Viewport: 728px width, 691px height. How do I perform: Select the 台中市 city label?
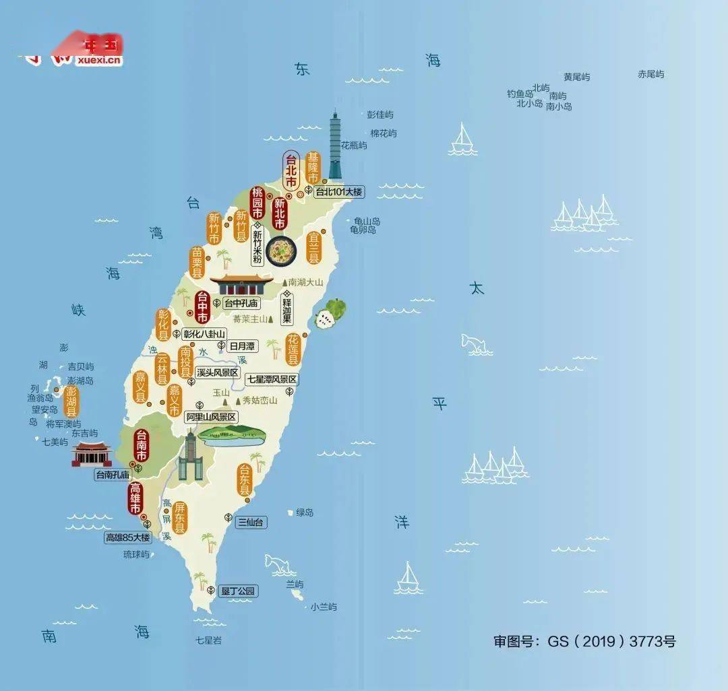coord(202,307)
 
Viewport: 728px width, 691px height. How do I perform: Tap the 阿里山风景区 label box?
coord(212,418)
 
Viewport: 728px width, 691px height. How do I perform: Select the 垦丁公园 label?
coord(239,591)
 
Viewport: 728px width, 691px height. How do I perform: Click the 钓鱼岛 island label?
coord(520,94)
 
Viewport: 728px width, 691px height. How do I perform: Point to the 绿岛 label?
coord(305,513)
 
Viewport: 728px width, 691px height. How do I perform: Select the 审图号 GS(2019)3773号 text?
coord(584,641)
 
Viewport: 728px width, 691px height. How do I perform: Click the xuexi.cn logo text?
coord(100,61)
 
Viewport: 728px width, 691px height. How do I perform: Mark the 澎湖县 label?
coord(71,401)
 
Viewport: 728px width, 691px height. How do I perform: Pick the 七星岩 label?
coord(208,640)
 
